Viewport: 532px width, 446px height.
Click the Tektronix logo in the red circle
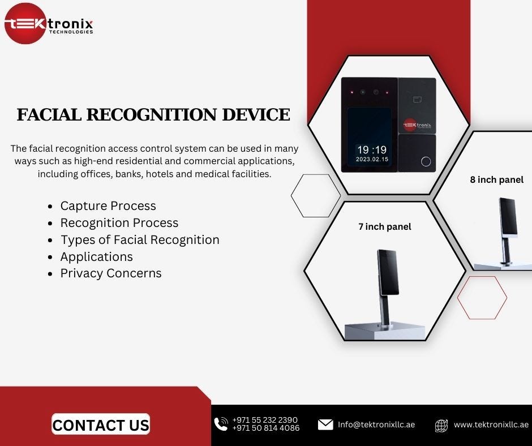coord(25,24)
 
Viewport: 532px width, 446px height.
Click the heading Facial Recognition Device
coord(153,115)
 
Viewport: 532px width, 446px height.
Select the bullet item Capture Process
coord(108,206)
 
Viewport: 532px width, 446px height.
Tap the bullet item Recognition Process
coord(119,223)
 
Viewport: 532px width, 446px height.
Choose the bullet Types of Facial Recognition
coord(140,240)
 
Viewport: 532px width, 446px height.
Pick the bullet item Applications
coord(97,257)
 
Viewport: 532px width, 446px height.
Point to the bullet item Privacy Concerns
coord(111,273)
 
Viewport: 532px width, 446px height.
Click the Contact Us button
coord(101,424)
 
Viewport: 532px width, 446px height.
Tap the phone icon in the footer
coord(221,424)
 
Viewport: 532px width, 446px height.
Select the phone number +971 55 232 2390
coord(265,420)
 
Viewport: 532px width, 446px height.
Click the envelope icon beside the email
coord(325,424)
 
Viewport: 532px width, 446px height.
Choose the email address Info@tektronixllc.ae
coord(376,424)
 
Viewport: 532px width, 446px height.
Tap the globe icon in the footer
coord(441,425)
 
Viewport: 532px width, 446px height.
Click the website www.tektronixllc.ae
coord(491,424)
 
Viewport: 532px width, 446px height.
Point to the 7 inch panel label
coord(385,227)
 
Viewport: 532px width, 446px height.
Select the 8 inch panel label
coord(497,180)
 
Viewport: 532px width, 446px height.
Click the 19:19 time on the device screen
coord(372,150)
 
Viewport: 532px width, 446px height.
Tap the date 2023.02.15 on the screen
coord(372,160)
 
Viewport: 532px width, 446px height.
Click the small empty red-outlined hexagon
coord(482,298)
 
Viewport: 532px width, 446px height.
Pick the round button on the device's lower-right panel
coord(426,162)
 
